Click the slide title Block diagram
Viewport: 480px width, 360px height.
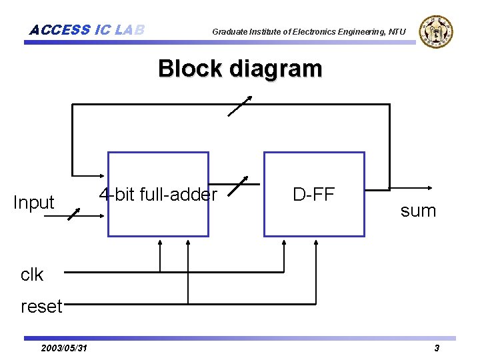coord(240,69)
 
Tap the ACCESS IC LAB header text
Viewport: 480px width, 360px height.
coord(87,30)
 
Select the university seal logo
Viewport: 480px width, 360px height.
coord(437,31)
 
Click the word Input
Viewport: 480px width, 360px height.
coord(33,203)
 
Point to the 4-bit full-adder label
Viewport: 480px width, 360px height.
coord(158,194)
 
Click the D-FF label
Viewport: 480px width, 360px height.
coord(314,194)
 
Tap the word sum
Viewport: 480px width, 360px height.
coord(418,211)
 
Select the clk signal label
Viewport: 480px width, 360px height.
coord(31,274)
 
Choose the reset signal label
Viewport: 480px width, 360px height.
coord(41,307)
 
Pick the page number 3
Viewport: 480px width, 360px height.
coord(437,348)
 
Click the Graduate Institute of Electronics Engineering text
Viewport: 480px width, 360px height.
coord(309,31)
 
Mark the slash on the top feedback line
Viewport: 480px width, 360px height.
coord(239,106)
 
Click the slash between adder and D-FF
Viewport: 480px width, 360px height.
coord(237,187)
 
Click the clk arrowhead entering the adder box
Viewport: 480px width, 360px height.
coord(160,242)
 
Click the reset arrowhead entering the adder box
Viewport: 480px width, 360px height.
coord(188,242)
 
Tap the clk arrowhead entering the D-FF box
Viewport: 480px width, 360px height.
coord(285,242)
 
